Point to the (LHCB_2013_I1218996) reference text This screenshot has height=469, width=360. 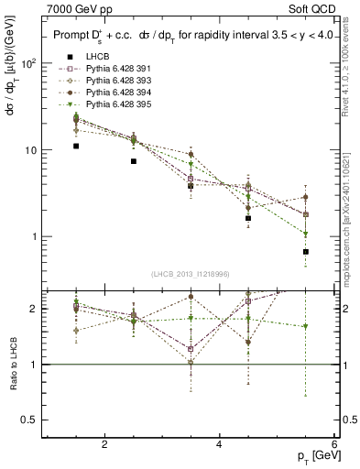click(191, 274)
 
